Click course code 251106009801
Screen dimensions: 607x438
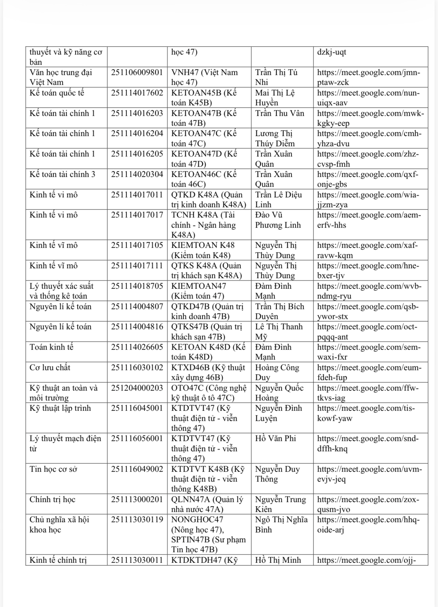pos(137,73)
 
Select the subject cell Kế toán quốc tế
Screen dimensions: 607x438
pos(57,93)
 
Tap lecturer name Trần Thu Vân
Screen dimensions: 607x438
pos(279,113)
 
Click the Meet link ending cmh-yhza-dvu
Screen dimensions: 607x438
pos(369,138)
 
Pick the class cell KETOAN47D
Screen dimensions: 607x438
pos(204,159)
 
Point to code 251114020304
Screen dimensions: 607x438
pos(137,174)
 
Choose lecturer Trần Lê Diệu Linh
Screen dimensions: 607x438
pos(278,199)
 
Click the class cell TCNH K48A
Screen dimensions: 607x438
pos(204,225)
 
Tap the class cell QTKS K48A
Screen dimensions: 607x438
pos(206,270)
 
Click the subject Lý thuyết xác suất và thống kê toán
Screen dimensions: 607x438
pos(61,291)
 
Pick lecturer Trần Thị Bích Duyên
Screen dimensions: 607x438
pos(279,311)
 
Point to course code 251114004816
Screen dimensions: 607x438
pos(137,327)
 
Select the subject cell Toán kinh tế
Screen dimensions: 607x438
pos(52,347)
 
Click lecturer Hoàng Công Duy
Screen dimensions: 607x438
pos(277,372)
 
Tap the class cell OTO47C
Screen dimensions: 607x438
pos(208,393)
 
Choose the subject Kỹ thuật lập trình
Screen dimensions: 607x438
pos(60,408)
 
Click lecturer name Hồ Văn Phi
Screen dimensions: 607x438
pos(275,439)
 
